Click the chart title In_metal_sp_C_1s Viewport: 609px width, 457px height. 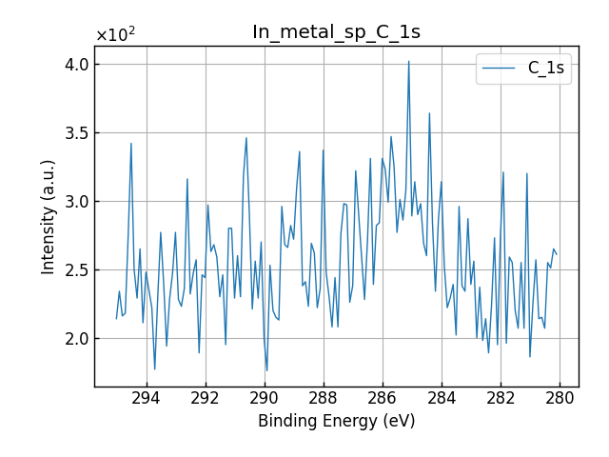point(336,32)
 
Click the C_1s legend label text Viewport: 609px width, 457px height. point(546,69)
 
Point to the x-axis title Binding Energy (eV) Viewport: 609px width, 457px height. point(336,421)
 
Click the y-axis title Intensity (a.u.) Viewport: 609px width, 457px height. point(49,217)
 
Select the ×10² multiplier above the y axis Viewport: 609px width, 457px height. point(115,35)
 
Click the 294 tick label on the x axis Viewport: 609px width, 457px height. point(147,398)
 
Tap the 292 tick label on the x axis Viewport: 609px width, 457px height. point(206,398)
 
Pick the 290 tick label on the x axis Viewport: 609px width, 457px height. point(265,398)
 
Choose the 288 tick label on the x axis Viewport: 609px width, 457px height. point(324,398)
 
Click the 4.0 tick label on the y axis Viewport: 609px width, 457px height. point(76,65)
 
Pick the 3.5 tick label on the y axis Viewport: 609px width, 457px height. point(76,133)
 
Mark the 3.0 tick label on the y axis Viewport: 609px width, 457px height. point(76,202)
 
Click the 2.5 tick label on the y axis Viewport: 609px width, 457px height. point(76,270)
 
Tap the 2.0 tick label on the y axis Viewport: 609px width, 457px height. point(76,339)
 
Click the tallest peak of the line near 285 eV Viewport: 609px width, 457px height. point(409,62)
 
